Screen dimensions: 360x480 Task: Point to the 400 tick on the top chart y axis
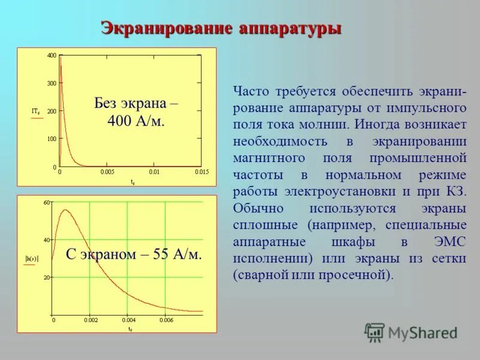tap(52, 56)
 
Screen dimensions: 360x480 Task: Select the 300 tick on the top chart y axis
tap(52, 83)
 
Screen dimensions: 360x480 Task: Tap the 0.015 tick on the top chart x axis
tap(202, 172)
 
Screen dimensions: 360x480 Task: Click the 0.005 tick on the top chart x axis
tap(107, 172)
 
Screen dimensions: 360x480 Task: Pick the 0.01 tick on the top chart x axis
tap(154, 172)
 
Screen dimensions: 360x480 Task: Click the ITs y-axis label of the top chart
tap(36, 111)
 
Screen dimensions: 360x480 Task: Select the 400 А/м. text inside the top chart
tap(136, 121)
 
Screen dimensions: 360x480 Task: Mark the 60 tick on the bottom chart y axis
tap(47, 203)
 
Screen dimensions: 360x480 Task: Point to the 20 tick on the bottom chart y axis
tap(47, 277)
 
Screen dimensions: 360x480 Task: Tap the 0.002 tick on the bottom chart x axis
tap(91, 320)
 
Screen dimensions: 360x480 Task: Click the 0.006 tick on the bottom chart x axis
tap(166, 320)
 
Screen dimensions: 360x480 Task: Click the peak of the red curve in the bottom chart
tap(64, 210)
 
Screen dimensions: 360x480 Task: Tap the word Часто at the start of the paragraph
tap(251, 92)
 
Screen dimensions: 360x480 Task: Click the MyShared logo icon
tap(374, 332)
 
